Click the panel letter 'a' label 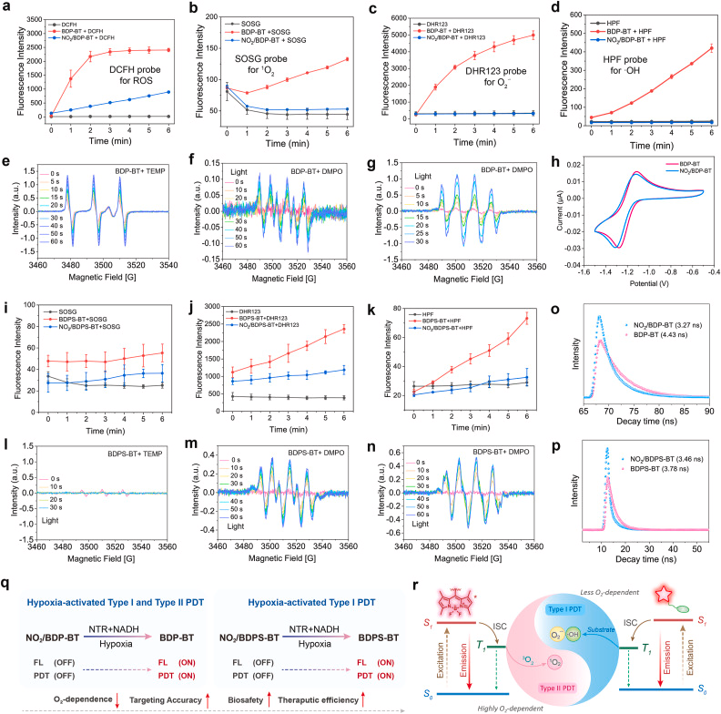(6, 7)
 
